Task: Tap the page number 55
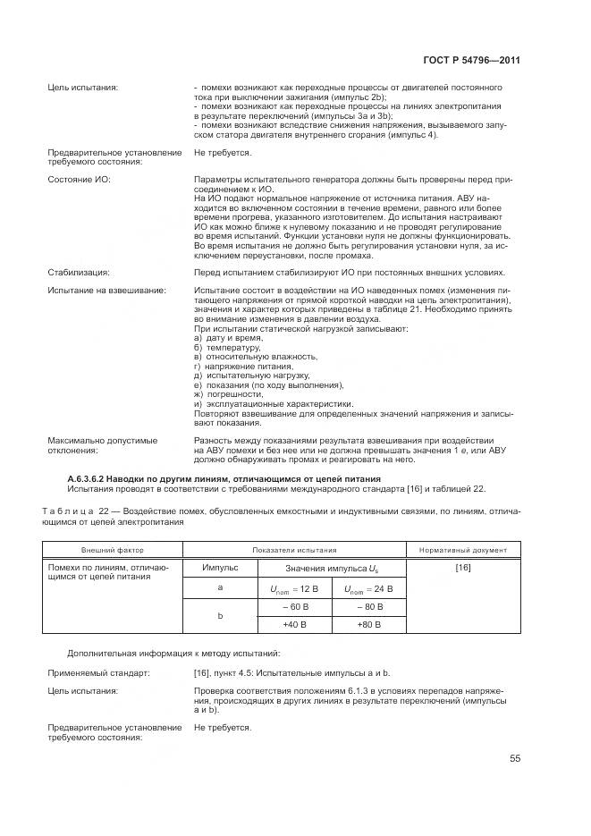click(x=514, y=759)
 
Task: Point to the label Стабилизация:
click(x=78, y=272)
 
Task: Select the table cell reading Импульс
click(x=219, y=568)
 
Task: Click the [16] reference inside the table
click(x=463, y=568)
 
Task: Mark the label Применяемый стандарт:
click(x=98, y=671)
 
